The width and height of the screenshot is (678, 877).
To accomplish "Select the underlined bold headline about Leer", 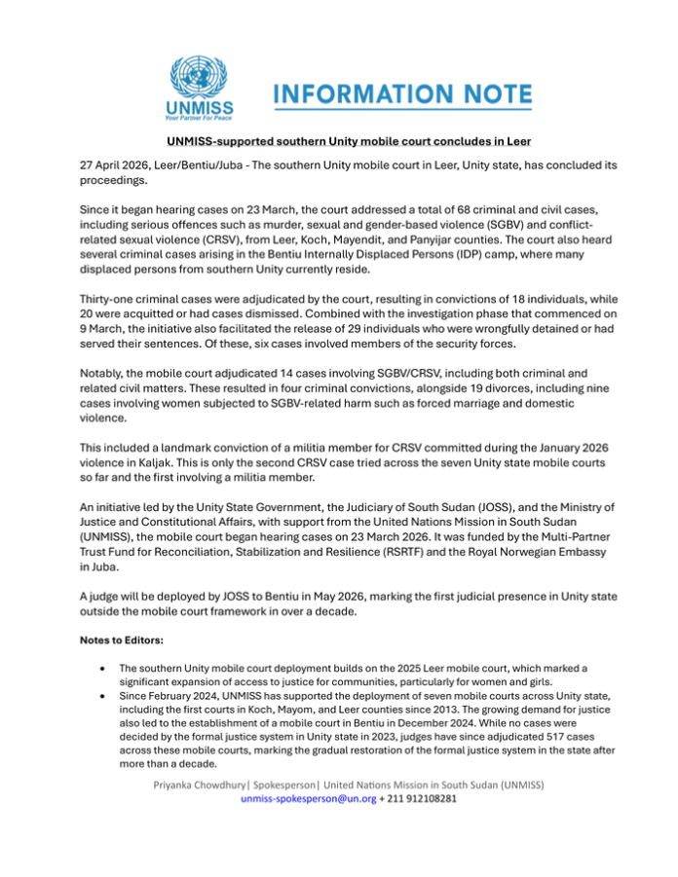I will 339,142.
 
